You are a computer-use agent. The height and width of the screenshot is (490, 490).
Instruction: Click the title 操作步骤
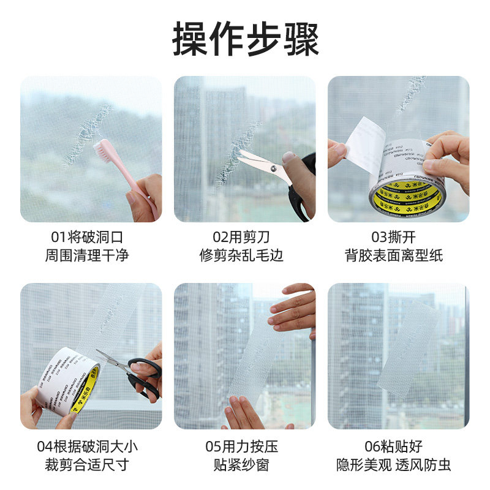pos(245,38)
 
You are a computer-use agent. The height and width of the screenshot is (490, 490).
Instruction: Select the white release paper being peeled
pos(364,145)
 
